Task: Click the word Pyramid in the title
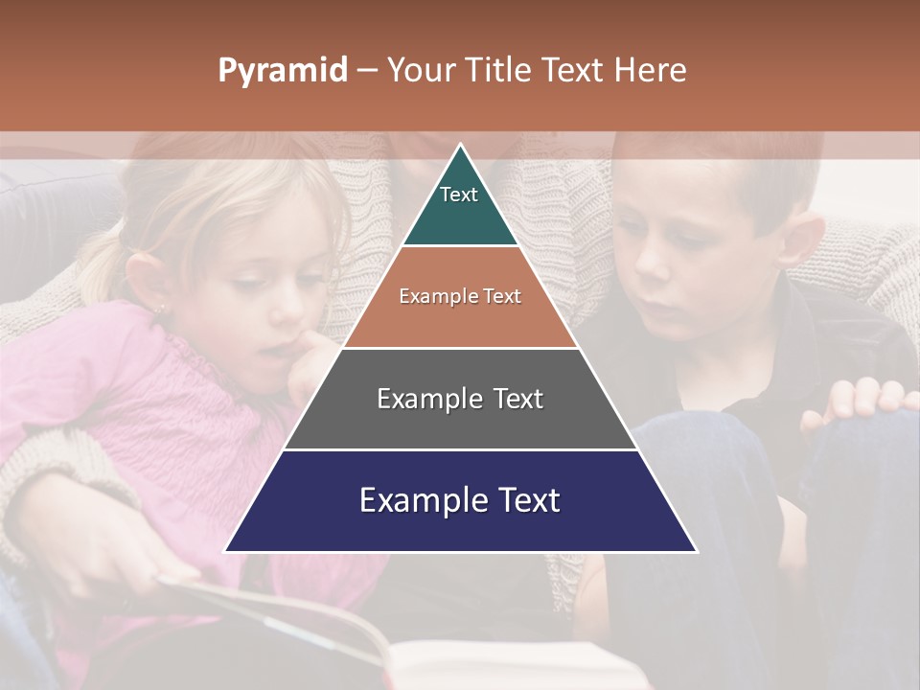(x=283, y=71)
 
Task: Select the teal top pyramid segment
(x=460, y=206)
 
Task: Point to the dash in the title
(x=366, y=71)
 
